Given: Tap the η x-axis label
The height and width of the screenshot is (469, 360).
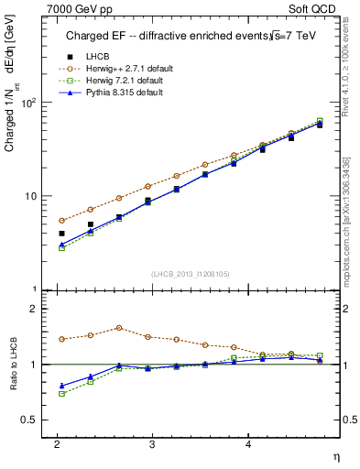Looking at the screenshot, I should pos(335,455).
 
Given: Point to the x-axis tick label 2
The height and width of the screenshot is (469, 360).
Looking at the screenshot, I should pos(57,442).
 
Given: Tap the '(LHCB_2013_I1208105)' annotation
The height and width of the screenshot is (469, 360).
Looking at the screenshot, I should pos(190,274).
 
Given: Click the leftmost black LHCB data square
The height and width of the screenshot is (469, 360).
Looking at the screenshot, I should pos(61,234).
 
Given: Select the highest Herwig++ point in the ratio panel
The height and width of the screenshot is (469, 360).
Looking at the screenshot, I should pos(119,327).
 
